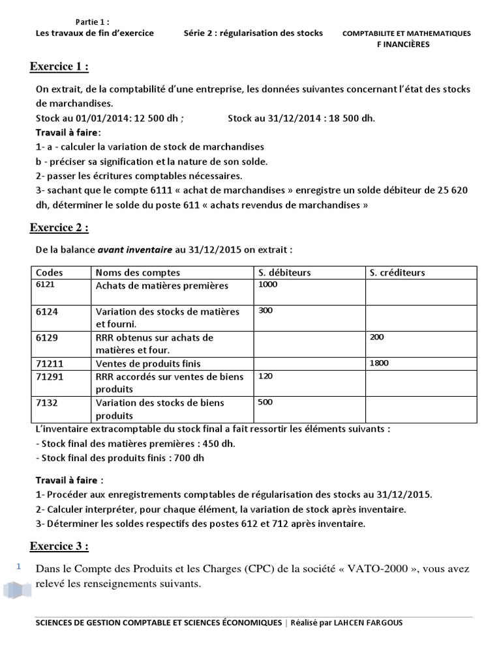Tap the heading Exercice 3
click(59, 546)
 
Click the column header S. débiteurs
click(284, 272)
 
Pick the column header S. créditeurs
click(397, 272)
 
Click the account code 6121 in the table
click(44, 285)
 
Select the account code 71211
click(50, 363)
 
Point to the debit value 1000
click(268, 285)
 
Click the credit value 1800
click(378, 363)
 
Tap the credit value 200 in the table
click(376, 337)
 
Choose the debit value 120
click(266, 376)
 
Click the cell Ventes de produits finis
click(148, 363)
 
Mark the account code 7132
click(47, 403)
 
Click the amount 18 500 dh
click(350, 118)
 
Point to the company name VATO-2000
click(382, 569)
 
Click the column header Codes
click(50, 272)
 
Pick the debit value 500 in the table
click(266, 402)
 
